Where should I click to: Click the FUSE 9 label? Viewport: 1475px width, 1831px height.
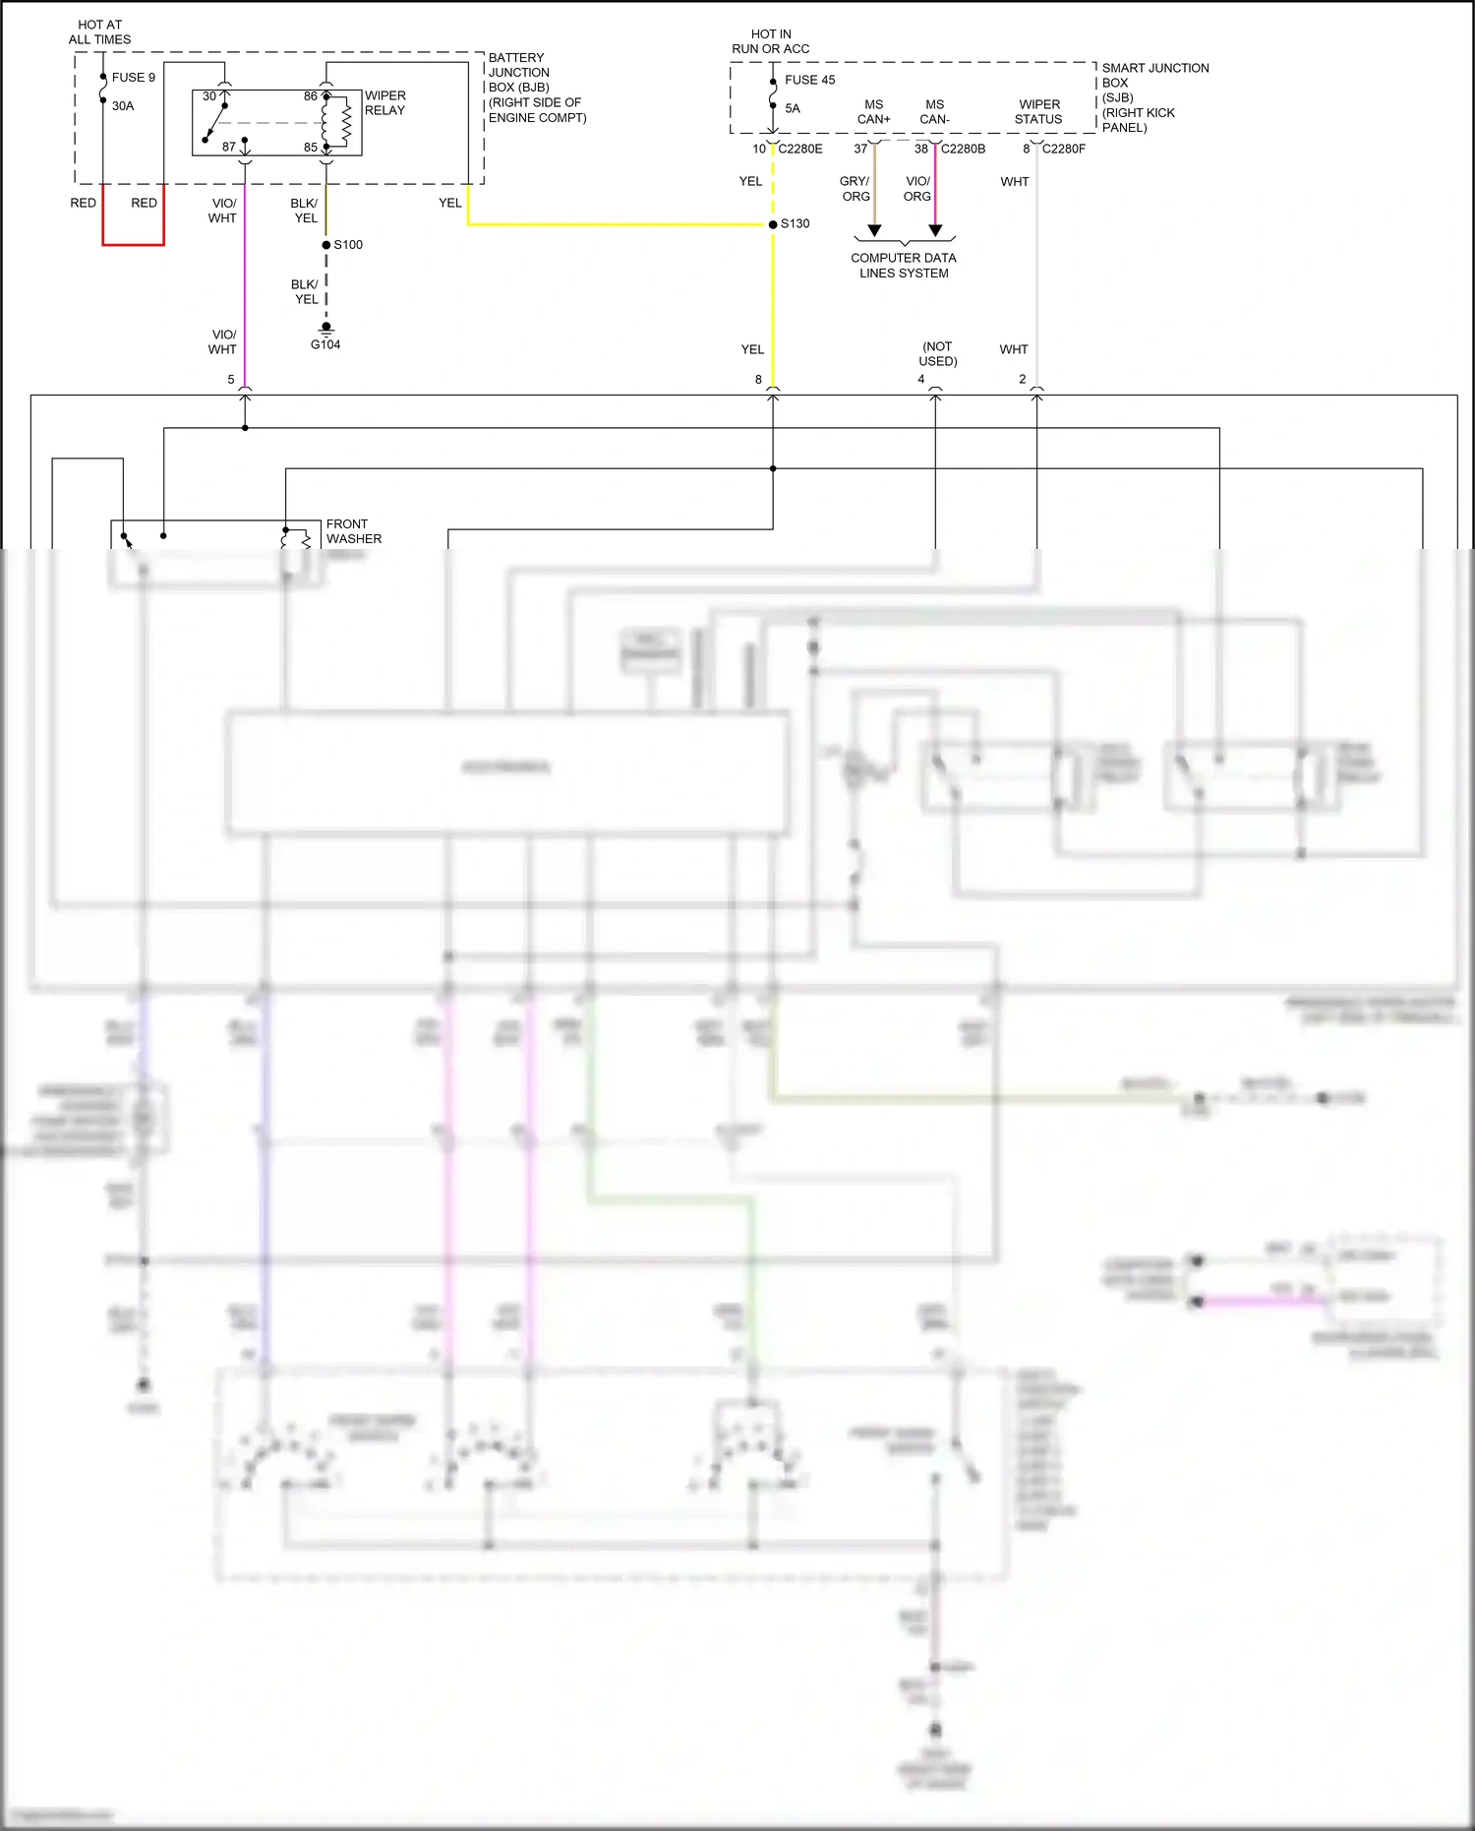133,78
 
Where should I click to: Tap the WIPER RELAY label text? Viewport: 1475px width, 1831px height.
384,103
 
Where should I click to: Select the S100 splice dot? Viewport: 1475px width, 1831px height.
326,245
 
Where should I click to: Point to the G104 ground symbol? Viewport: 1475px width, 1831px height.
326,330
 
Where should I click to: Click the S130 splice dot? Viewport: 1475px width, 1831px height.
773,224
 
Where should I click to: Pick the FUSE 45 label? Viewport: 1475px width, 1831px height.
809,81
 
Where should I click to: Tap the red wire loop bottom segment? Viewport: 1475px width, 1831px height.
133,244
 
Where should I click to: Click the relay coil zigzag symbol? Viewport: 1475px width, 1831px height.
346,123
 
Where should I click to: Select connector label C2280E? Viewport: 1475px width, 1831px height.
800,150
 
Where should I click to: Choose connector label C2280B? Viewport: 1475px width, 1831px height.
963,150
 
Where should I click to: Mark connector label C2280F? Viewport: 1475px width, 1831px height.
1063,150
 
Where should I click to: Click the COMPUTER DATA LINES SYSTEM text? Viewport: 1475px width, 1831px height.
904,266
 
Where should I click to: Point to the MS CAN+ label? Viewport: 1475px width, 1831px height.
873,112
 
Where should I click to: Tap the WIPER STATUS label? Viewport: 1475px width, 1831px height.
1038,112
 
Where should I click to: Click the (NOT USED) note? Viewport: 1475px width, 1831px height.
937,354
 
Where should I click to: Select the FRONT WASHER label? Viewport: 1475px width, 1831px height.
353,531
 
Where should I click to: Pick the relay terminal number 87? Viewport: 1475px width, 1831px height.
229,147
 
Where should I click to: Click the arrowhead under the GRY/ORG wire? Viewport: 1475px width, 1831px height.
874,231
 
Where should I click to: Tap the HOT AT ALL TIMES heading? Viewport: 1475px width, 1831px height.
99,32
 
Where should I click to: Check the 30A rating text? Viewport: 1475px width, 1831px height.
123,106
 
